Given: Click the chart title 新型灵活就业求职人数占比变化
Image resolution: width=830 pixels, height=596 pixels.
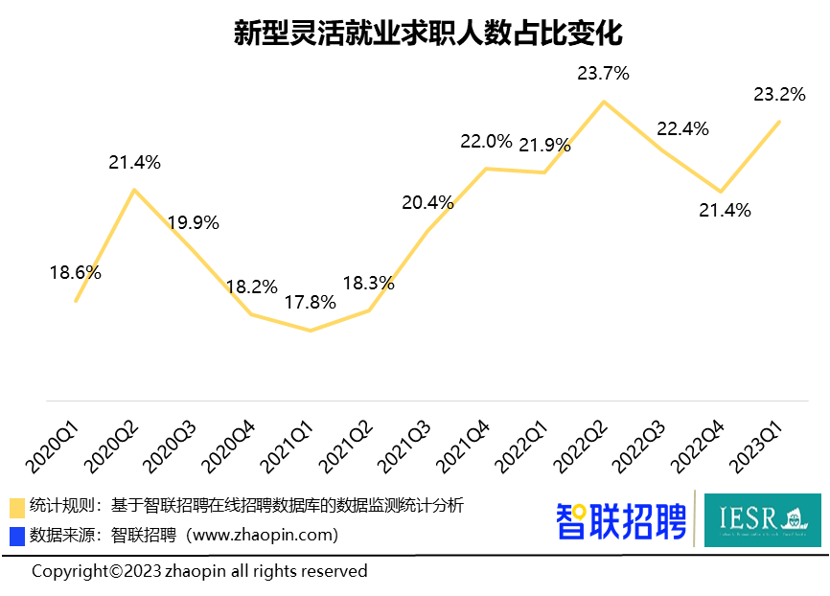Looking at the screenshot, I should [x=414, y=34].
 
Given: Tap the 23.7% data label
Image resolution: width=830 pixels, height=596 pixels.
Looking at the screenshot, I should [x=603, y=72].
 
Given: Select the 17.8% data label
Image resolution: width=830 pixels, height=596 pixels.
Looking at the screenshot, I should [x=311, y=303].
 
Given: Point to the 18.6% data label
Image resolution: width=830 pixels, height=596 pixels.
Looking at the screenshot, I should [x=76, y=273].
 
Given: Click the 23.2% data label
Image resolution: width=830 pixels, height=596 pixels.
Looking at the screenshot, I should [x=779, y=94].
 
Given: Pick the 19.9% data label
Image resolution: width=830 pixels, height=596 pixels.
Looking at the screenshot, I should [x=194, y=223].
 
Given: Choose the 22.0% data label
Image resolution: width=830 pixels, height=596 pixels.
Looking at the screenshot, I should [x=486, y=142].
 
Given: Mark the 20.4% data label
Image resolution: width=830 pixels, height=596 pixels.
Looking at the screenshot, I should [x=427, y=202].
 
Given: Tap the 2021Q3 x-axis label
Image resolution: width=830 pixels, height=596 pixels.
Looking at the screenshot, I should [x=405, y=443].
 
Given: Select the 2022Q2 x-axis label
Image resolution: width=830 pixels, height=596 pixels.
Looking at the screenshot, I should [x=582, y=443].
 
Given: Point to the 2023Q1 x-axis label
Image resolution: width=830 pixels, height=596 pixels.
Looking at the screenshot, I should [x=757, y=443].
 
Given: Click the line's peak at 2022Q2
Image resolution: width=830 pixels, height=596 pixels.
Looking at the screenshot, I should [x=603, y=102].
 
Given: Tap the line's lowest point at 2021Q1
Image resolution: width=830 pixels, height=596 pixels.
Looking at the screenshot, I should [x=311, y=331].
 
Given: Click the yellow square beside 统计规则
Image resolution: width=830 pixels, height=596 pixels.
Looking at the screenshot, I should [x=17, y=508].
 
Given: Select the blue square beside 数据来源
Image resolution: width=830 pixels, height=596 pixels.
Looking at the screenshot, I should [x=17, y=536].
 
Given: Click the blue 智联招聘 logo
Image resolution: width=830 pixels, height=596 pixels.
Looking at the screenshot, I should [x=621, y=521].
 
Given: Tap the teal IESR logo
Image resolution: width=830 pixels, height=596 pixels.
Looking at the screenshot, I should [x=762, y=520].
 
